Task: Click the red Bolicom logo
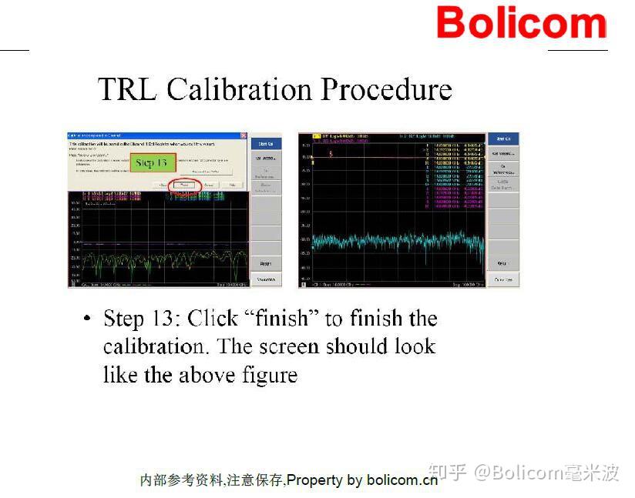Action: click(x=521, y=22)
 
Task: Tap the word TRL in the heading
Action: click(x=127, y=90)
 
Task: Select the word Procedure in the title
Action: click(x=386, y=90)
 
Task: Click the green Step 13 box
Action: click(x=151, y=163)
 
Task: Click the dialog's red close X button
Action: click(x=243, y=135)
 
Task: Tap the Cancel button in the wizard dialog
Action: click(x=208, y=185)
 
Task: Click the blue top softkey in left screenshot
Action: click(x=266, y=143)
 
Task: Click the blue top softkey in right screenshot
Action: click(x=502, y=139)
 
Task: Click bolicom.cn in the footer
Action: click(x=402, y=480)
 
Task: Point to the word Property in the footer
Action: click(x=314, y=480)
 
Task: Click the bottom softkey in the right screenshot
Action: click(x=502, y=279)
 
